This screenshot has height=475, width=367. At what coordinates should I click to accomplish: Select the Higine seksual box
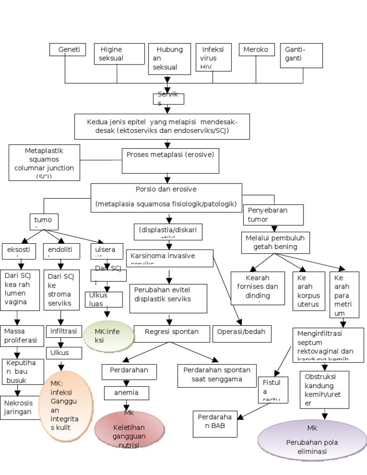click(x=119, y=54)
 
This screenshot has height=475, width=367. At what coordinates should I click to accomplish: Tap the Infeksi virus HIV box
click(x=213, y=57)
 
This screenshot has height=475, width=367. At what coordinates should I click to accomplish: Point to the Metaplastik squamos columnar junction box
click(x=44, y=162)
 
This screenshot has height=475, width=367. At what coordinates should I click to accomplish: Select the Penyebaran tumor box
click(x=273, y=215)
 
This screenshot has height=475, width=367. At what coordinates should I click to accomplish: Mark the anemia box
click(x=126, y=393)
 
